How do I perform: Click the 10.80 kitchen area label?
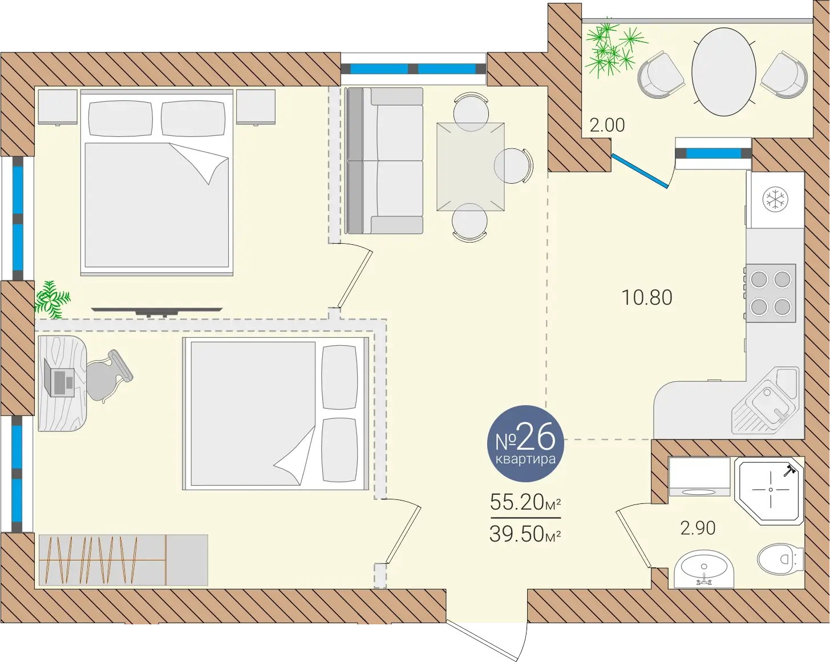[647, 297]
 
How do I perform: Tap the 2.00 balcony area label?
[607, 126]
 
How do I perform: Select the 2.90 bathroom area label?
[698, 528]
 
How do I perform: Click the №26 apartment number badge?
[525, 443]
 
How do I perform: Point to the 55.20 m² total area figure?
[525, 502]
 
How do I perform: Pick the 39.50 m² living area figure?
[525, 534]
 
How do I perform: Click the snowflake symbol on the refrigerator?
[775, 200]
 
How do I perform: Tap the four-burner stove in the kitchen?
[771, 293]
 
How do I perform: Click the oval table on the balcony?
[723, 72]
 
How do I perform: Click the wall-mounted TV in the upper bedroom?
[157, 312]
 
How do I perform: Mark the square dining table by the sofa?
[470, 167]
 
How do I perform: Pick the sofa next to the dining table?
[384, 160]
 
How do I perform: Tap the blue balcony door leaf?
[640, 170]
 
